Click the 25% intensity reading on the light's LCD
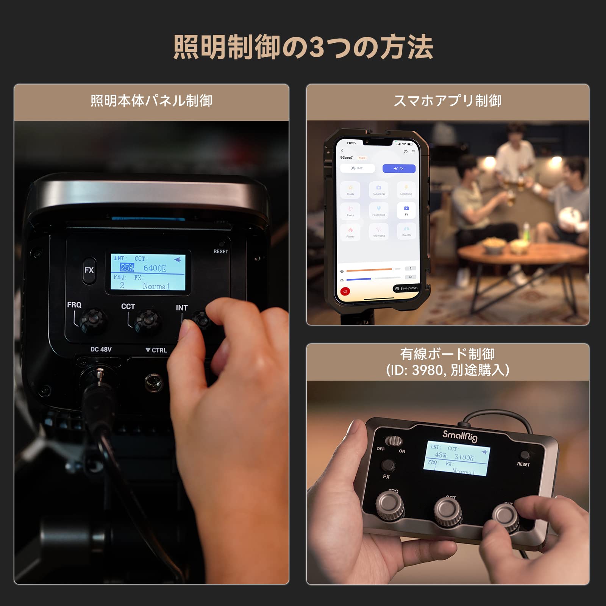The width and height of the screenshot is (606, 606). click(x=127, y=268)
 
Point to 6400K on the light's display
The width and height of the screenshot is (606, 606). click(x=155, y=269)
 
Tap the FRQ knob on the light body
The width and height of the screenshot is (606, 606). click(x=93, y=320)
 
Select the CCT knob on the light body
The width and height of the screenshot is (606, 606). click(x=148, y=320)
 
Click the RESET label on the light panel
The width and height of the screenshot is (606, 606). click(x=220, y=251)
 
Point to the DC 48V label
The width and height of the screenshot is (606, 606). click(x=101, y=349)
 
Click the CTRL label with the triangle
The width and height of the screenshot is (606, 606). click(x=156, y=350)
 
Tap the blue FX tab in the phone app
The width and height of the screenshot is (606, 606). click(x=399, y=169)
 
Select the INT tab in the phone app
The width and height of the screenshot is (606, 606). click(x=357, y=169)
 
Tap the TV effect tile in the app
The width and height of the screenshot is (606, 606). click(x=406, y=211)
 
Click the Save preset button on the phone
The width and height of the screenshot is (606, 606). click(x=406, y=288)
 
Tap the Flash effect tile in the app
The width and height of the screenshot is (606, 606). click(x=350, y=190)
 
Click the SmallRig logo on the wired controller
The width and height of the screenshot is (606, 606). click(x=460, y=436)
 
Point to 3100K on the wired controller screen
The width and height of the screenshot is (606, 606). click(x=464, y=458)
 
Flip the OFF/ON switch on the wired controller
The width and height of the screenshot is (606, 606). click(x=394, y=441)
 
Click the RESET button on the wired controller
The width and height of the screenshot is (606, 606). click(x=525, y=455)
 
